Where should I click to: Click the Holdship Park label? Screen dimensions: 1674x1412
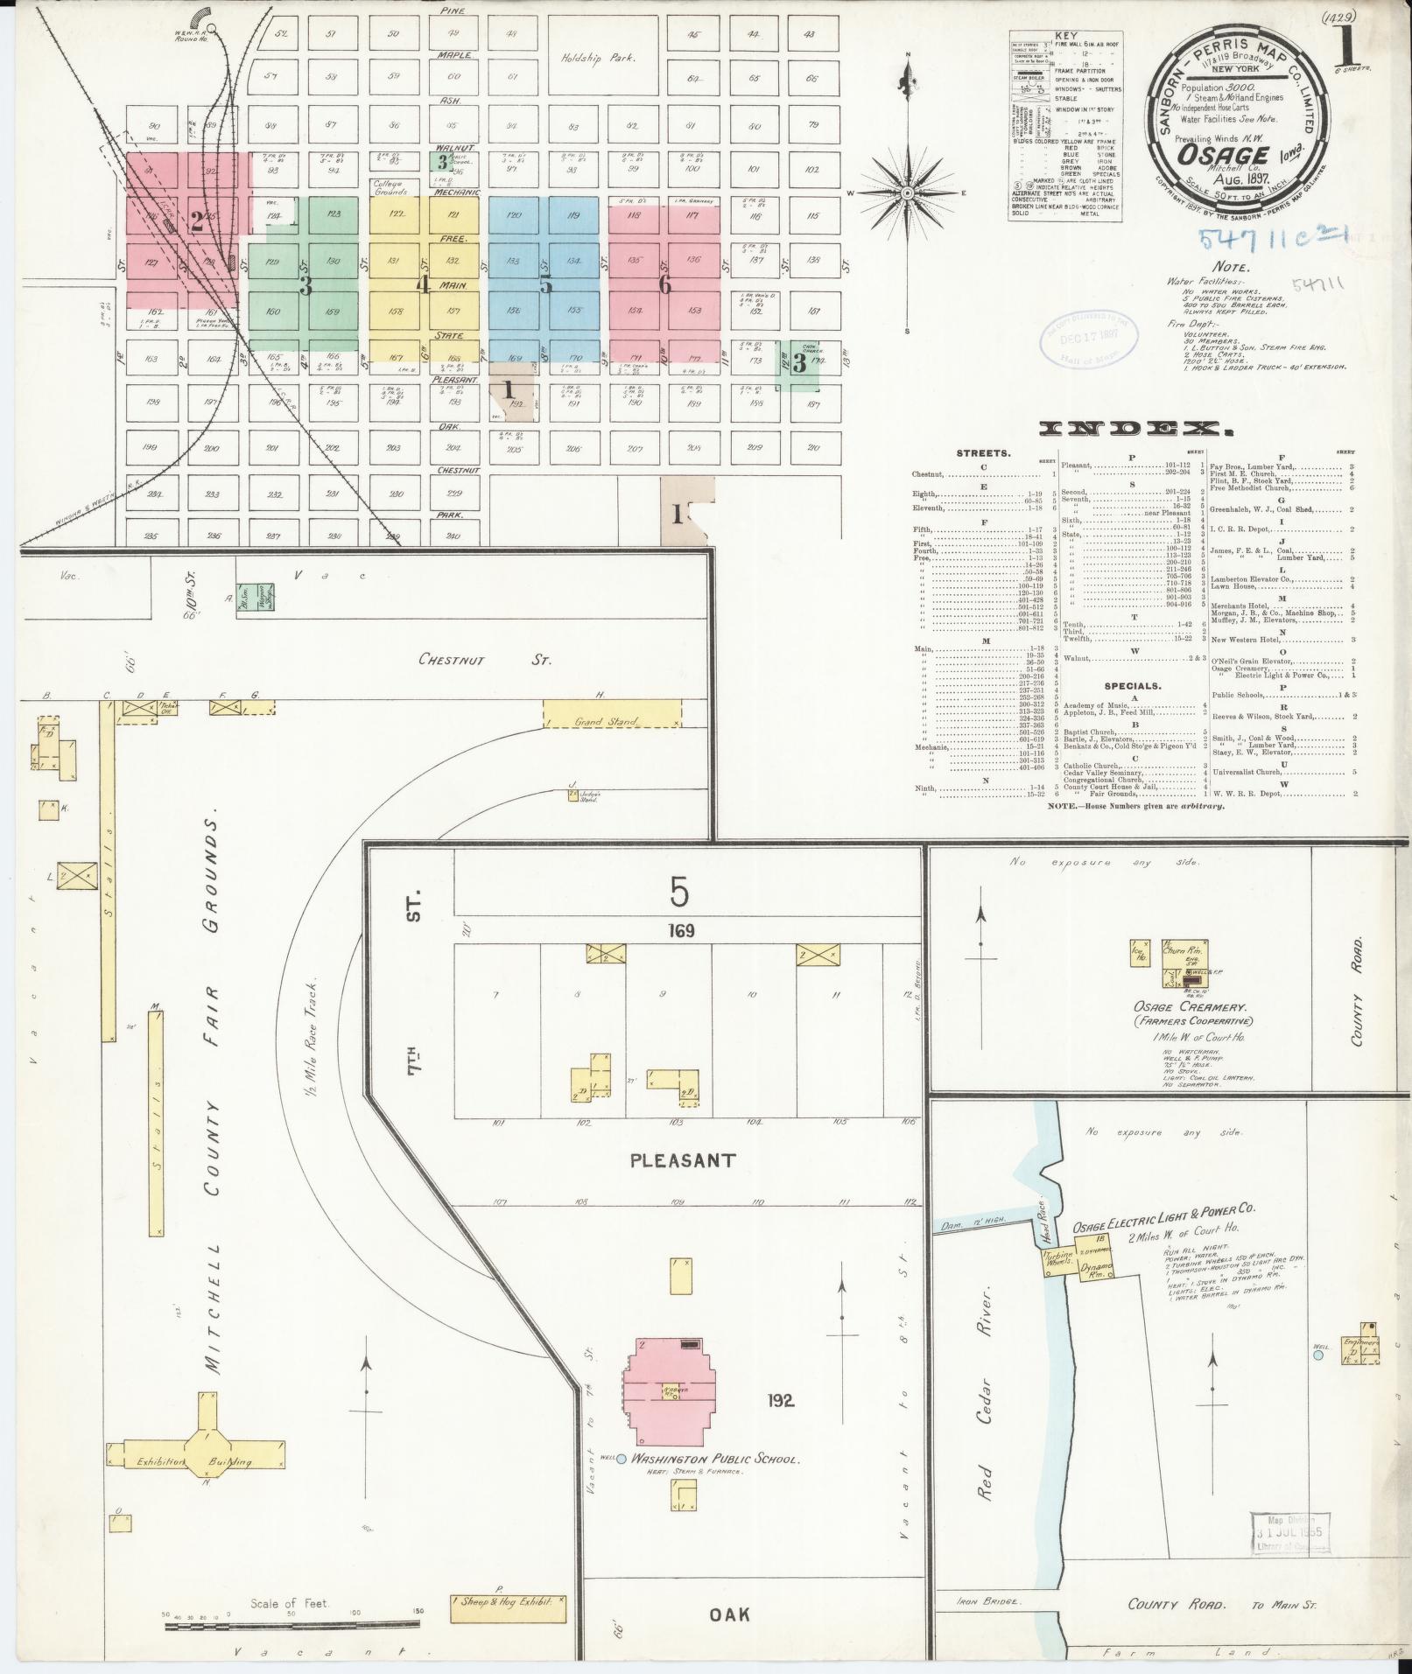[x=598, y=59]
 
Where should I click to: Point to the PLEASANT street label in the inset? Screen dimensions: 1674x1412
[x=683, y=1160]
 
